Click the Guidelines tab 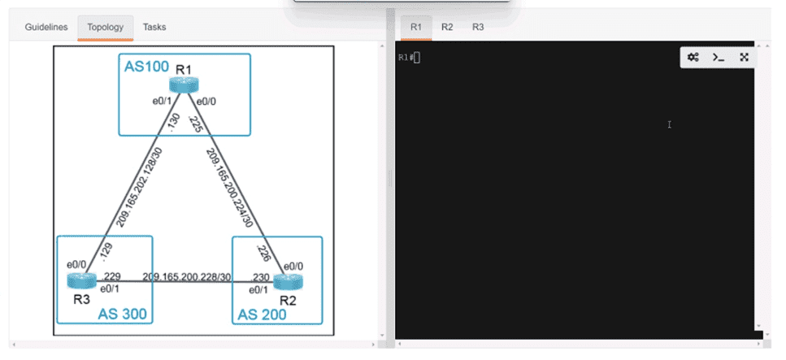[x=46, y=27]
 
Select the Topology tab [x=106, y=27]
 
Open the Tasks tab [x=154, y=27]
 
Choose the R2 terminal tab [x=447, y=27]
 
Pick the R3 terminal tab [x=478, y=27]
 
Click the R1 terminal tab [x=416, y=27]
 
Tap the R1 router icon [x=184, y=85]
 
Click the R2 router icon [x=289, y=282]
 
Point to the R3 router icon [x=82, y=281]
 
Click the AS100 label [x=147, y=67]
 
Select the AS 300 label [x=122, y=314]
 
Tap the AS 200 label [x=262, y=314]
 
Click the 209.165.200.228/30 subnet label [x=186, y=277]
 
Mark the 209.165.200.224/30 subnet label [x=228, y=187]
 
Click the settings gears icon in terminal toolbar [x=693, y=57]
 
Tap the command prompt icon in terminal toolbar [x=719, y=57]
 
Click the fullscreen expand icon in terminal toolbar [x=745, y=57]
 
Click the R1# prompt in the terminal [x=406, y=57]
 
